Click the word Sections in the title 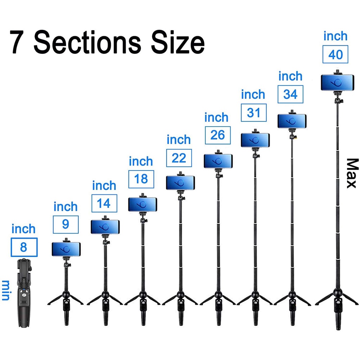87,43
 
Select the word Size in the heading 178,43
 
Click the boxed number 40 335,54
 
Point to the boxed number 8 24,247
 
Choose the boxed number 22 179,158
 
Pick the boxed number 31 253,113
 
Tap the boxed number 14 104,204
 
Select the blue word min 6,290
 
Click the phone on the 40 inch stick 337,83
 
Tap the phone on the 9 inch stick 66,249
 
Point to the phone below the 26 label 218,161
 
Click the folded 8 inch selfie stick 24,293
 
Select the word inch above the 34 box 290,76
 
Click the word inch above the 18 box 141,161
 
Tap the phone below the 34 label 292,121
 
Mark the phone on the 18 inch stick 143,204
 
